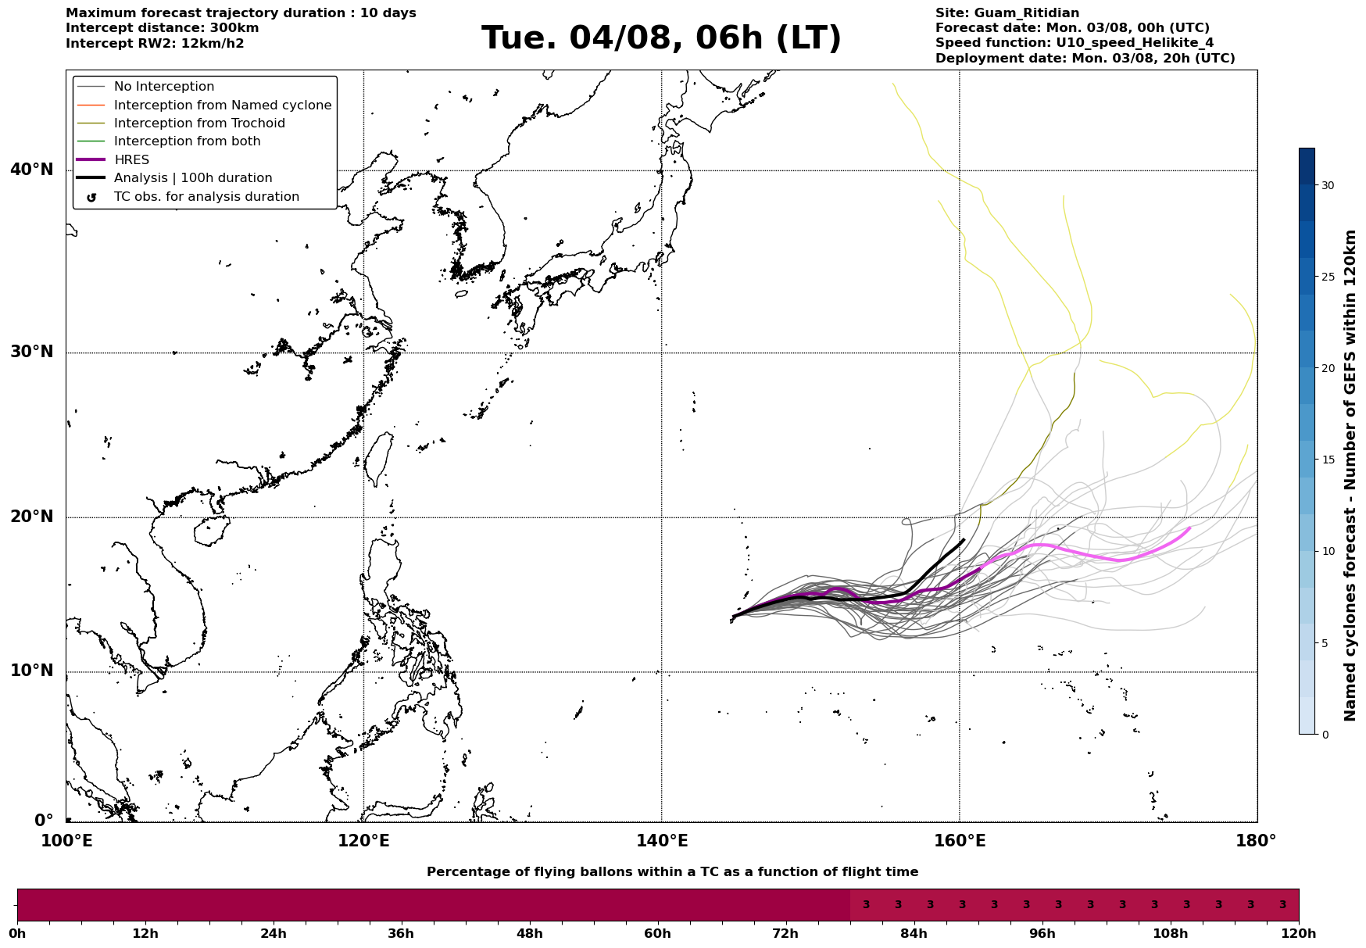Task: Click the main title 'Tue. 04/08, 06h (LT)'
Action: click(661, 38)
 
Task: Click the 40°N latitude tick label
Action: click(32, 170)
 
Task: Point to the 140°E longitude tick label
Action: click(662, 841)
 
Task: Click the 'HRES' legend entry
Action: click(131, 160)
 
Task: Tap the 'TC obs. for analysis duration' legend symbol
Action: click(91, 198)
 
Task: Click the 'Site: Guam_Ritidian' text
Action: click(1007, 13)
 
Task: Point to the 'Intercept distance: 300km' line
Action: click(163, 28)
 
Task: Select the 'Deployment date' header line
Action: click(1085, 59)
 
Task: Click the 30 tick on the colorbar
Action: click(1328, 185)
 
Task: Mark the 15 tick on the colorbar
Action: click(1328, 460)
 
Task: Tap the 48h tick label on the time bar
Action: click(529, 934)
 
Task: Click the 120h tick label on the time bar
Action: click(1299, 934)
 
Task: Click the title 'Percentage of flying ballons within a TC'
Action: click(672, 872)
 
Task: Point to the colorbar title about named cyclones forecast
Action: click(1350, 475)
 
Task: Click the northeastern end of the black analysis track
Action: click(964, 539)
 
